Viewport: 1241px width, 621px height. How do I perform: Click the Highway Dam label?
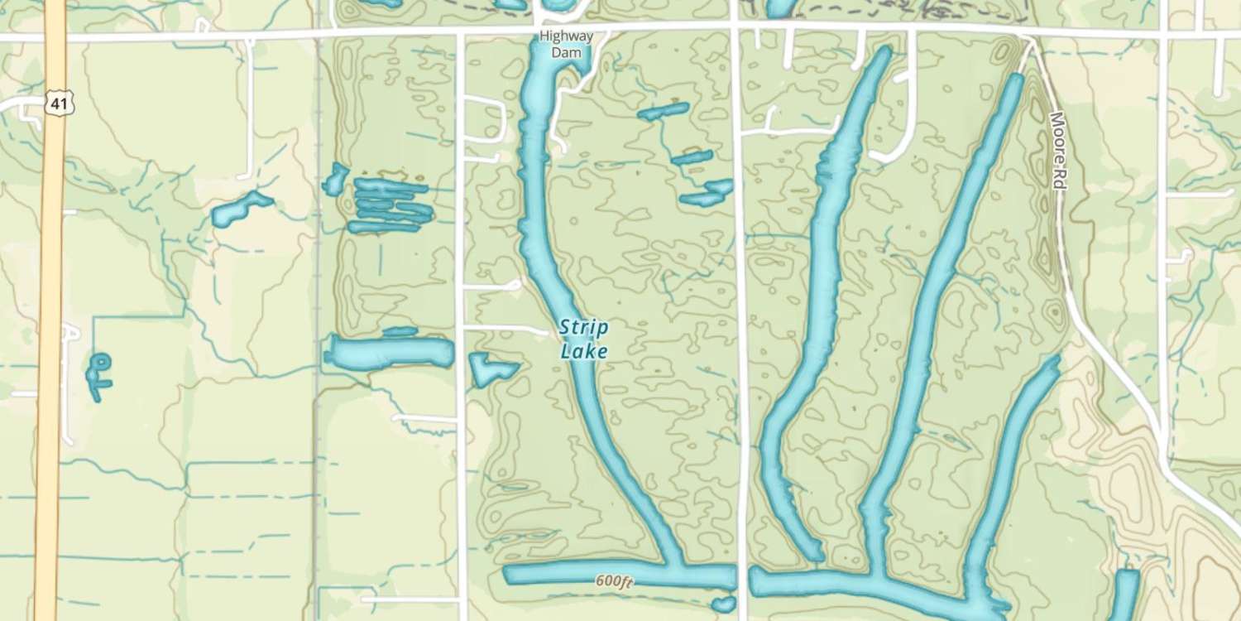coord(566,44)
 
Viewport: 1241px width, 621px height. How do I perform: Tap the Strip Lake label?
coord(584,339)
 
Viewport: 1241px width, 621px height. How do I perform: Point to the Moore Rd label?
coord(1057,151)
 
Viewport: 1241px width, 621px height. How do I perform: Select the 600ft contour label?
coord(614,582)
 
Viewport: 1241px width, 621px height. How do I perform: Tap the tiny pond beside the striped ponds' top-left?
coord(336,179)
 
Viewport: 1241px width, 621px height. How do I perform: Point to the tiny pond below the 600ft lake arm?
coord(723,604)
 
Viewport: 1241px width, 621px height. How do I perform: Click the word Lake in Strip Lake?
coord(584,351)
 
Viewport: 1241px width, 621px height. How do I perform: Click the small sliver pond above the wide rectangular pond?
coord(400,332)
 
